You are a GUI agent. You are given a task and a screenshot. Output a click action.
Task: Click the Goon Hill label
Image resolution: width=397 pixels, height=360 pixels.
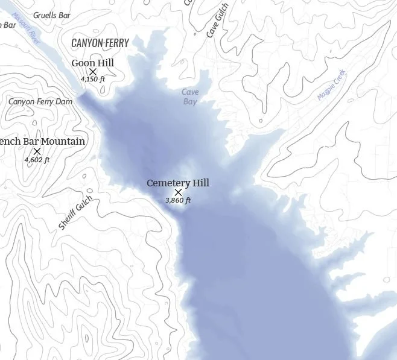pos(92,63)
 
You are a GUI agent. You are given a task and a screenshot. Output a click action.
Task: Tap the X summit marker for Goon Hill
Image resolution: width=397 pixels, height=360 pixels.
pos(93,72)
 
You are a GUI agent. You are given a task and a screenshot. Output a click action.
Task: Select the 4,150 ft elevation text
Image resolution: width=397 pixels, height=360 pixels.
pos(92,79)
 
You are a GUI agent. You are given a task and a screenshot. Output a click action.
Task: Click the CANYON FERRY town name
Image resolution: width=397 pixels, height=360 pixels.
pos(101,43)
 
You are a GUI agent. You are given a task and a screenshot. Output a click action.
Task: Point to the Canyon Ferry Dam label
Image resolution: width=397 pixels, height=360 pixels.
pos(40,101)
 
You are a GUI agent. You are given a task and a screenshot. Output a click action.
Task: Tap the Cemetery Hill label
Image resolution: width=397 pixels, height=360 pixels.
pos(178,183)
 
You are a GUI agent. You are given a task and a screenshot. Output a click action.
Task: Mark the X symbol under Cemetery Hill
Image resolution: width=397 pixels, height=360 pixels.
pos(178,192)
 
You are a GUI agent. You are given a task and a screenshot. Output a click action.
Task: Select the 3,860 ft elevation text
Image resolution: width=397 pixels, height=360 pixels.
pos(178,200)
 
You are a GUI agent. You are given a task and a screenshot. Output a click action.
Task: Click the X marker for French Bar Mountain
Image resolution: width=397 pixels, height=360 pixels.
pos(37,151)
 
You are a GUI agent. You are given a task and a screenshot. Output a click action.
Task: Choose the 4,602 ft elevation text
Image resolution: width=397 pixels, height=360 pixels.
pos(37,160)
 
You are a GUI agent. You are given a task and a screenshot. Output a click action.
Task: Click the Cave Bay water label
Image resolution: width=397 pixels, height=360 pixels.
pos(190,96)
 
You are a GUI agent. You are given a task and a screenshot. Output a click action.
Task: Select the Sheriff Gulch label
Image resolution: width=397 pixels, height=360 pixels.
pos(76,212)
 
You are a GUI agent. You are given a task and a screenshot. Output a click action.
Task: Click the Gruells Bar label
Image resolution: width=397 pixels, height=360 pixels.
pos(52,14)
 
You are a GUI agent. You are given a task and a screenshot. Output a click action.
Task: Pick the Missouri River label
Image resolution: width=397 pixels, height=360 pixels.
pos(26,29)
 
